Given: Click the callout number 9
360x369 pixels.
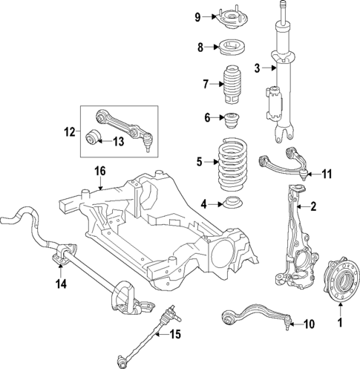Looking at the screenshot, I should pos(197,17).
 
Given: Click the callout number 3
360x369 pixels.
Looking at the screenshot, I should pos(258,69).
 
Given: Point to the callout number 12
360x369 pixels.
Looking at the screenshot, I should pos(68,133).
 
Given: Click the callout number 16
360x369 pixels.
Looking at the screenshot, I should pos(100,172).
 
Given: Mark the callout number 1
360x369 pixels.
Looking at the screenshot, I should pos(341,322).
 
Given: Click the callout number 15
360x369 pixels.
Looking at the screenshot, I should pos(174,335).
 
